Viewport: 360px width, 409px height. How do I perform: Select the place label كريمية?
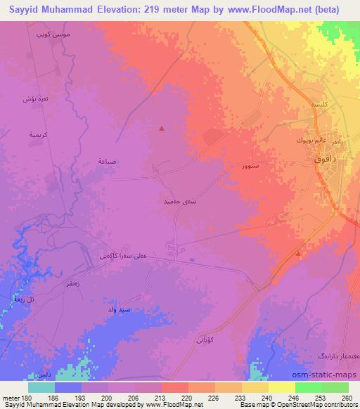tap(37, 133)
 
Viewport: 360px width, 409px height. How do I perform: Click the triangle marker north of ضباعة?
tap(162, 128)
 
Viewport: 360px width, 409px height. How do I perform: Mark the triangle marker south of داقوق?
tap(299, 253)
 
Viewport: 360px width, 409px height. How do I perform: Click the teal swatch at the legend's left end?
tap(41, 387)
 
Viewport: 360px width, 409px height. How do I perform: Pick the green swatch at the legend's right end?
tap(335, 387)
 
